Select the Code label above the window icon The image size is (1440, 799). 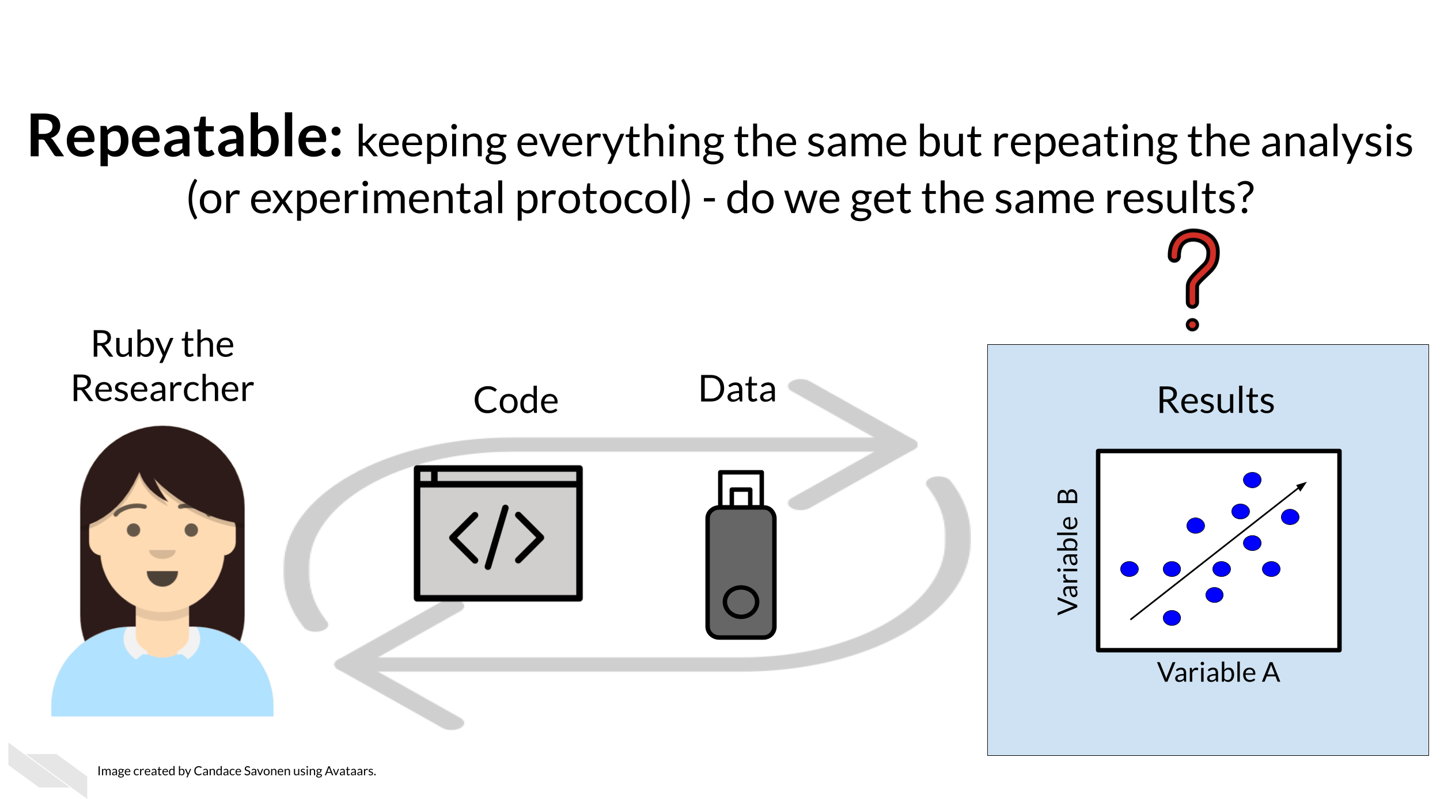pyautogui.click(x=516, y=400)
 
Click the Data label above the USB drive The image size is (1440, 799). pyautogui.click(x=737, y=389)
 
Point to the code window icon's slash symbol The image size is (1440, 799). pyautogui.click(x=497, y=537)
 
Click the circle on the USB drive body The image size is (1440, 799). pyautogui.click(x=741, y=602)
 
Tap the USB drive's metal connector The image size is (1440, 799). pyautogui.click(x=741, y=489)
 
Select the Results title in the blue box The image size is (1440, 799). pyautogui.click(x=1215, y=400)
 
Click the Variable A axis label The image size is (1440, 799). pyautogui.click(x=1218, y=672)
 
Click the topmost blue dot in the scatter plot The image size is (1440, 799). pyautogui.click(x=1252, y=480)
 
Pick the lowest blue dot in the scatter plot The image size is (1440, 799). pyautogui.click(x=1172, y=618)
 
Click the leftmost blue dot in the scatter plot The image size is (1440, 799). pyautogui.click(x=1130, y=569)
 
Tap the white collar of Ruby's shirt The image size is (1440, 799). pyautogui.click(x=134, y=644)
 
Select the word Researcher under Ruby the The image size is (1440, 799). pyautogui.click(x=162, y=389)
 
